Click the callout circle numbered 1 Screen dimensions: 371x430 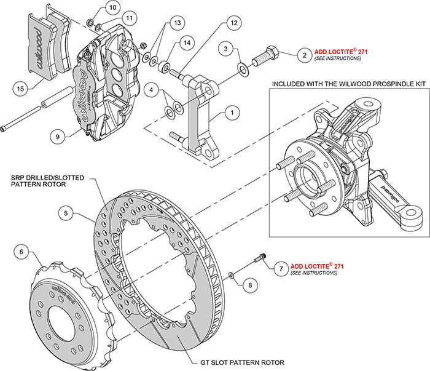tap(232, 113)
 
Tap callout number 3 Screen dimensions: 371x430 tap(227, 49)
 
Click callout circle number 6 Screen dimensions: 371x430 tap(21, 251)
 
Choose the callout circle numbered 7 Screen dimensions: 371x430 tap(279, 268)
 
